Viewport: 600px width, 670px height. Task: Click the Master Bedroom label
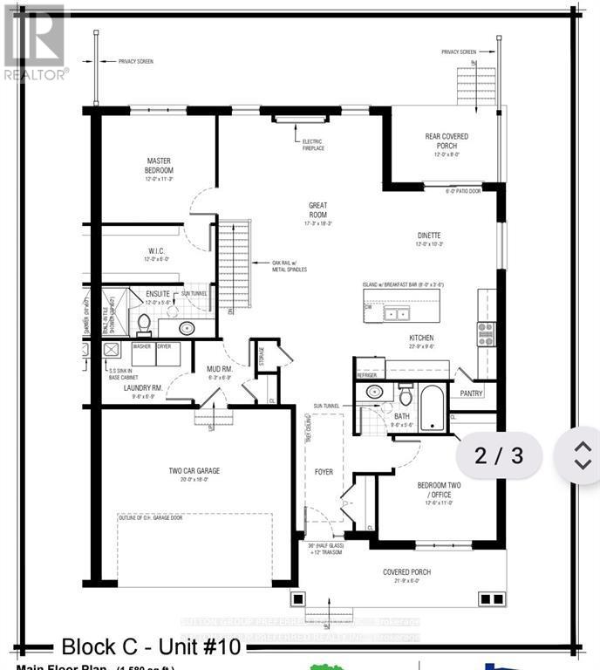[160, 165]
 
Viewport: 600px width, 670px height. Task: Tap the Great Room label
[317, 210]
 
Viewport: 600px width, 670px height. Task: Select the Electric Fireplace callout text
[312, 145]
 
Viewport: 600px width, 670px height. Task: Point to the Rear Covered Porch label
[447, 141]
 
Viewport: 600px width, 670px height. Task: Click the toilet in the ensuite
[145, 325]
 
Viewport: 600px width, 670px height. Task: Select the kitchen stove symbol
[485, 334]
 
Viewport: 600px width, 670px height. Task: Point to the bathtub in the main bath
[432, 411]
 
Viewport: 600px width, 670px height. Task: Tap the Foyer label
[324, 472]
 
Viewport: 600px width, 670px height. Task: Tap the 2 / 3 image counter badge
[500, 455]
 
